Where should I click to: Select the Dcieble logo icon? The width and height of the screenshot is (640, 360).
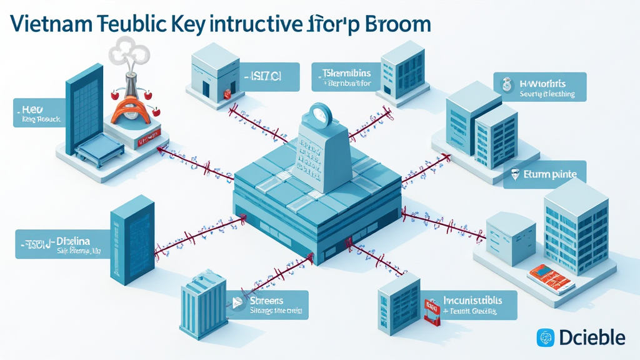[546, 338]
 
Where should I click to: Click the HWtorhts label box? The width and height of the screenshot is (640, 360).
[541, 87]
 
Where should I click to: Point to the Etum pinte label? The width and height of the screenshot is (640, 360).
[545, 175]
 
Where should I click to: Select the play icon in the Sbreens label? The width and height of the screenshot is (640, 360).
[237, 303]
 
